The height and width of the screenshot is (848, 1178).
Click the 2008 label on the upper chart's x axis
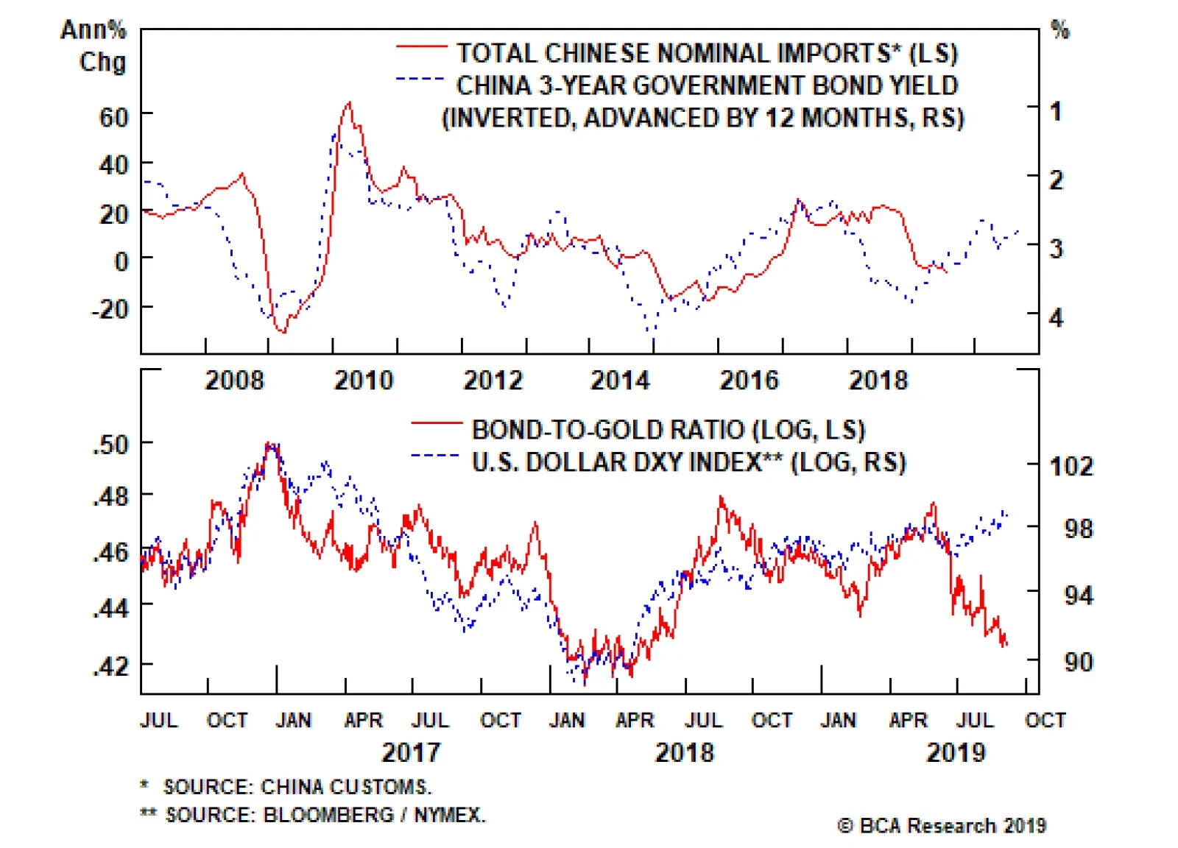(234, 381)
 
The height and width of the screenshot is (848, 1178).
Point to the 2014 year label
(620, 381)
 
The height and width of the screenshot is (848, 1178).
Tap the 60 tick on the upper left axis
(113, 116)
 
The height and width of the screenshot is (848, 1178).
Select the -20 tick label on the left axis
(110, 309)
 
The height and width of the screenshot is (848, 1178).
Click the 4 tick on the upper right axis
(1057, 318)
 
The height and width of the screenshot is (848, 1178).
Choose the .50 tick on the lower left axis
(111, 445)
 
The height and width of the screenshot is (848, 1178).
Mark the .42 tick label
(111, 665)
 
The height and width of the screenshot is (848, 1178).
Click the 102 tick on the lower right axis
(1071, 466)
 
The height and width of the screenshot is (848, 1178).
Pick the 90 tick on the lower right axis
(1078, 662)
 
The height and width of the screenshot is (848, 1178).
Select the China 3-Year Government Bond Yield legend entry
(707, 85)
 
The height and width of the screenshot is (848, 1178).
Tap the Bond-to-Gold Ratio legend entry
(668, 429)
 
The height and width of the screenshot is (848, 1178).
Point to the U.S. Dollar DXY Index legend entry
(688, 462)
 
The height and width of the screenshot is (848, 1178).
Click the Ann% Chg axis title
(95, 46)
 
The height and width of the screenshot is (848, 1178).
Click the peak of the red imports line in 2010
(350, 103)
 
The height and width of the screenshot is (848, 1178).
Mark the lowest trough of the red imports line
(283, 332)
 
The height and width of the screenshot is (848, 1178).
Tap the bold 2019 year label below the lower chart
(955, 752)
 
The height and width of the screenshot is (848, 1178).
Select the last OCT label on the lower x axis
(1045, 720)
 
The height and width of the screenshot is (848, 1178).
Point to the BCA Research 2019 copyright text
(942, 826)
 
